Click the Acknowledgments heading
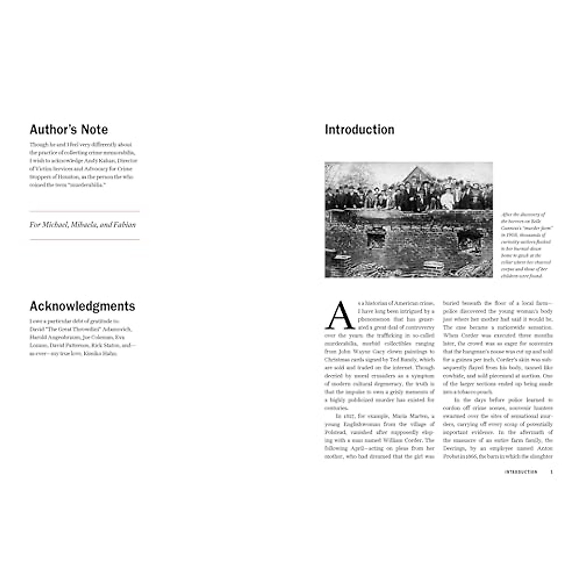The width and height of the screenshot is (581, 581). click(82, 306)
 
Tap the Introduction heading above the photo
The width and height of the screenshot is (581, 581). click(359, 130)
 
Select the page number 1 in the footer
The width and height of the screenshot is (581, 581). click(551, 472)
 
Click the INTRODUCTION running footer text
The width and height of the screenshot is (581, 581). click(520, 472)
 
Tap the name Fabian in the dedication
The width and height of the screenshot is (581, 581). click(124, 225)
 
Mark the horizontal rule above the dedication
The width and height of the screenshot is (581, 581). click(84, 212)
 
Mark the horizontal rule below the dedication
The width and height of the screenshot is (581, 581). click(84, 239)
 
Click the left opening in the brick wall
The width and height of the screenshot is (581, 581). click(374, 238)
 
